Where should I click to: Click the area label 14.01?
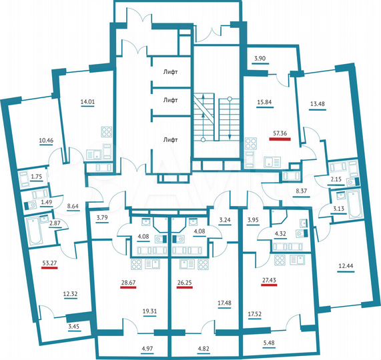(87, 102)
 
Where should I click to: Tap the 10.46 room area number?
(46, 141)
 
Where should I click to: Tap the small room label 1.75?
(37, 177)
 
